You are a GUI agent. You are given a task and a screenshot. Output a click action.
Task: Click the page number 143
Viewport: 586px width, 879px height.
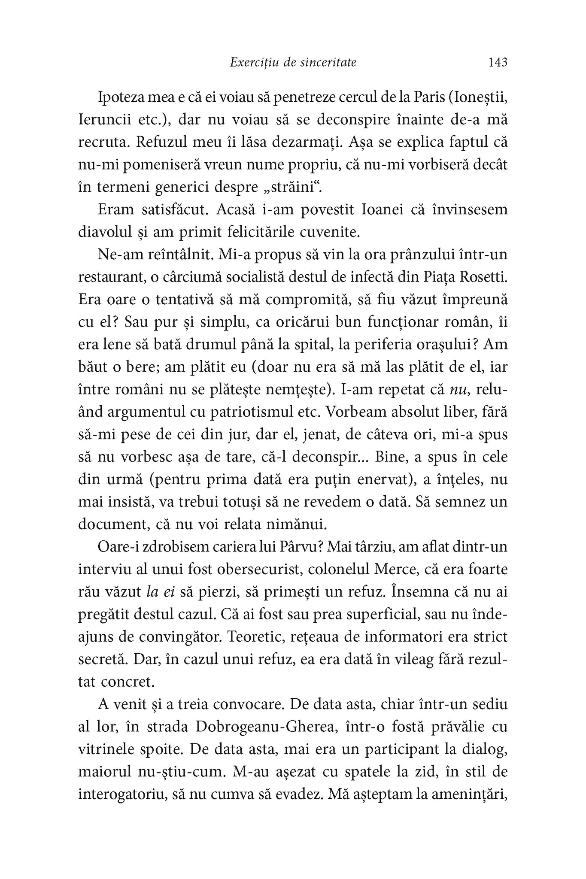[x=498, y=63]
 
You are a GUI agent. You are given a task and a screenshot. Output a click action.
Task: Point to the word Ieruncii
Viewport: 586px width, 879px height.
[x=105, y=119]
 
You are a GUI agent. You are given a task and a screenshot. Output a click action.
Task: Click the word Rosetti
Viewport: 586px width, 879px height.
[x=484, y=277]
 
